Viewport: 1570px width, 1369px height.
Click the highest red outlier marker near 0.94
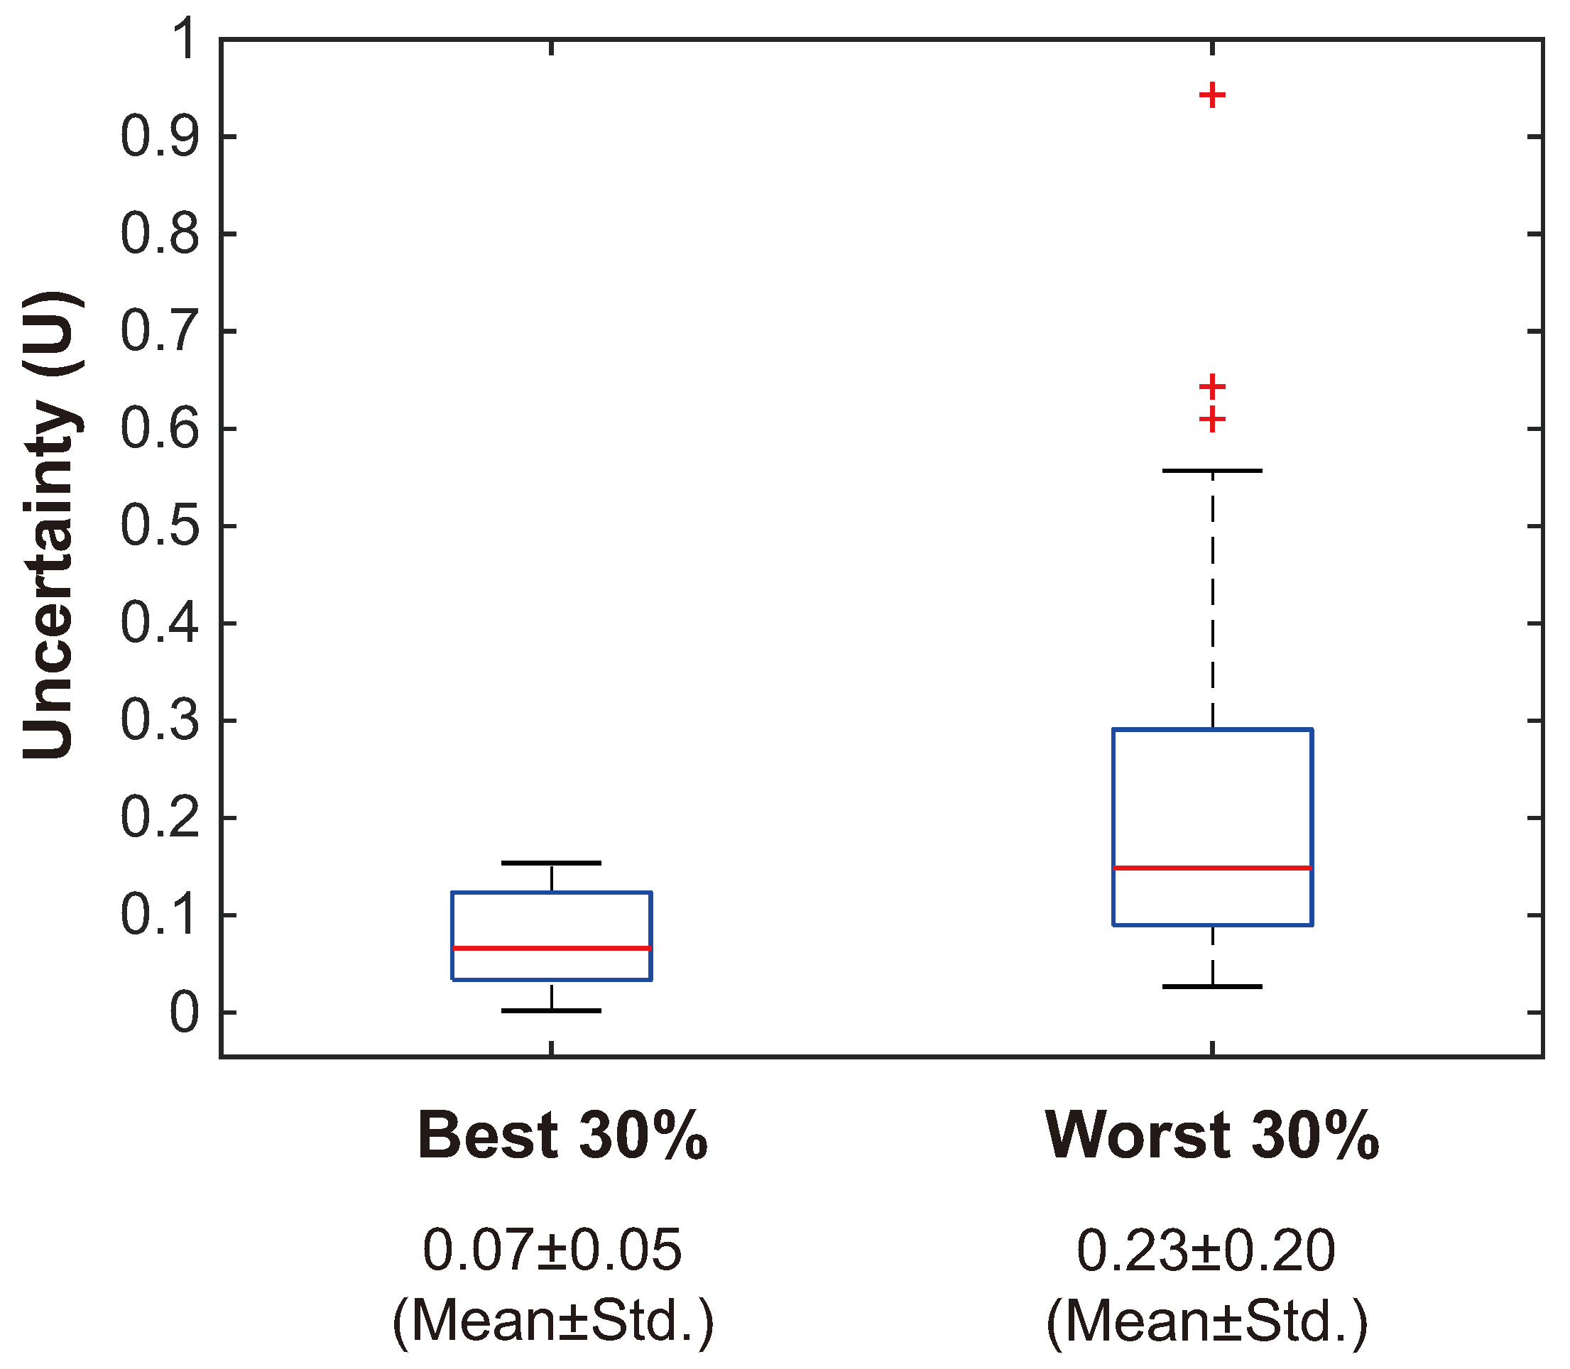click(x=1211, y=95)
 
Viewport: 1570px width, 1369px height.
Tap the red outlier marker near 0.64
click(x=1211, y=386)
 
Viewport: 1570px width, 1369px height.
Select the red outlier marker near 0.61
click(x=1211, y=420)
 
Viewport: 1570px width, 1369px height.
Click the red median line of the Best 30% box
click(x=551, y=948)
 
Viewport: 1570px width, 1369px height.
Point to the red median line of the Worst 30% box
click(x=1211, y=868)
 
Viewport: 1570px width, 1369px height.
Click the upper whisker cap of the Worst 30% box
click(x=1211, y=471)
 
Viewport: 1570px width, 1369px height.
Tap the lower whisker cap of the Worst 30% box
click(x=1211, y=987)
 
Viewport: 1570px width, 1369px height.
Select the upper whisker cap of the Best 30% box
click(x=551, y=863)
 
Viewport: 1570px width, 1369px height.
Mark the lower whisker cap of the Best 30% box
click(x=551, y=1010)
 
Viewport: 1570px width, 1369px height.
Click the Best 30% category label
click(x=562, y=1136)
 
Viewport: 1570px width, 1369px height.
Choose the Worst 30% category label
click(x=1211, y=1136)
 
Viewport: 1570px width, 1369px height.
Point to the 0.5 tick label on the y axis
click(x=159, y=526)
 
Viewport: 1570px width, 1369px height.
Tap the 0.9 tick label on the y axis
click(x=159, y=138)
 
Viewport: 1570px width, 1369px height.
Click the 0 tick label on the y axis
click(x=183, y=1014)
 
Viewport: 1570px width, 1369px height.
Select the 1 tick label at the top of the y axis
click(x=183, y=40)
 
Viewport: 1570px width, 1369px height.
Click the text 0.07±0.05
click(x=552, y=1250)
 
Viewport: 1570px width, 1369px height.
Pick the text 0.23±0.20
click(x=1206, y=1250)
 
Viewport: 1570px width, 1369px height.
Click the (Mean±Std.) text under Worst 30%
click(x=1206, y=1321)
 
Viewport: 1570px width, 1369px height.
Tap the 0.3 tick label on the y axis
click(x=159, y=721)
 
